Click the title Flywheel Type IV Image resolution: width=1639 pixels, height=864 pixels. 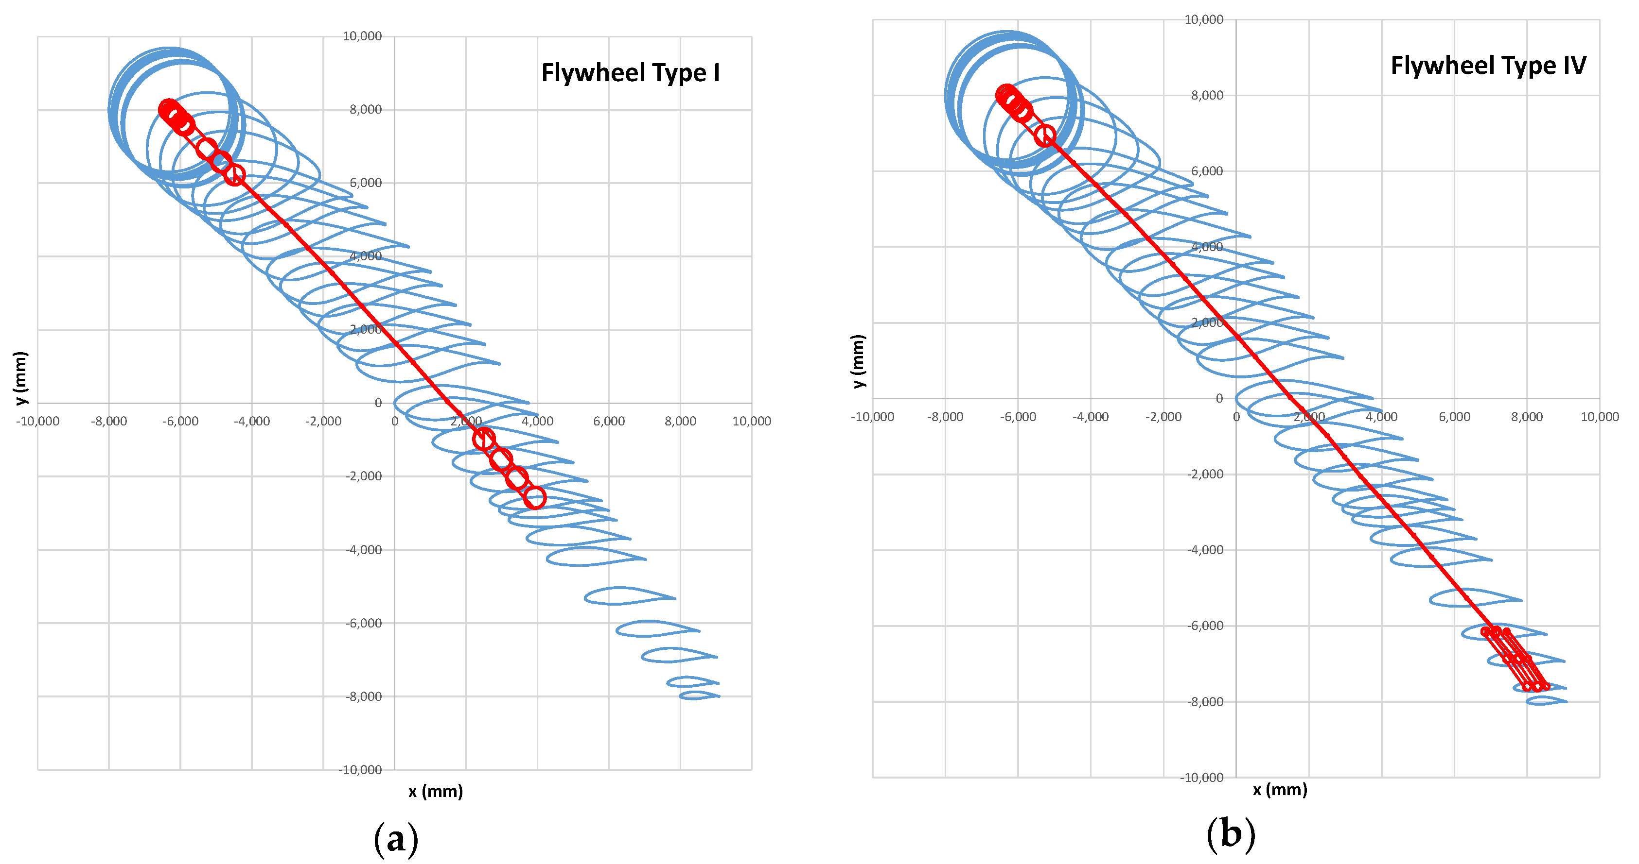click(1488, 66)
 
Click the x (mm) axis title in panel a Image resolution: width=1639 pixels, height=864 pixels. click(436, 792)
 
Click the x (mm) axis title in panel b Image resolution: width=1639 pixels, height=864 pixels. click(1280, 790)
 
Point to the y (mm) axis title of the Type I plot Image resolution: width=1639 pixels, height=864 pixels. click(21, 378)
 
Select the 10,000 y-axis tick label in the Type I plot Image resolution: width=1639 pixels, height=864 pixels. click(362, 36)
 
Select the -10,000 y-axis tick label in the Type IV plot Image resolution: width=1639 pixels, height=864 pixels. click(1201, 778)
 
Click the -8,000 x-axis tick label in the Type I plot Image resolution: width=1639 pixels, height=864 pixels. click(109, 421)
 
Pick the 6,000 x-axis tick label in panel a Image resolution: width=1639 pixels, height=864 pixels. click(609, 421)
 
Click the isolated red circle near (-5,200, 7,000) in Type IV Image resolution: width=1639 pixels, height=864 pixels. click(1045, 136)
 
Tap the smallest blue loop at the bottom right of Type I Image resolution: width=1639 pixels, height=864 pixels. click(699, 695)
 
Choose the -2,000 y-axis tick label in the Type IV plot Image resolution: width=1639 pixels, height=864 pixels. click(1205, 474)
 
